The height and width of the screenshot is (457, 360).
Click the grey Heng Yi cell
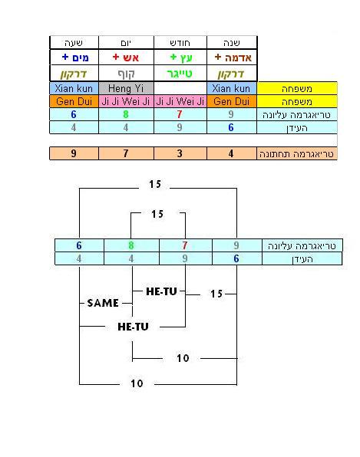coord(126,88)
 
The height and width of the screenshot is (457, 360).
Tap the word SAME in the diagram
coord(103,303)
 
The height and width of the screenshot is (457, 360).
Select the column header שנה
coord(232,43)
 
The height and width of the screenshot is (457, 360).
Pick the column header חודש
coord(180,43)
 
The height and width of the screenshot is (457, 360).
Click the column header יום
coord(126,43)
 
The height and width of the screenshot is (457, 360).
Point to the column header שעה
coord(74,43)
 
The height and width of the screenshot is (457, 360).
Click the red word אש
coord(130,58)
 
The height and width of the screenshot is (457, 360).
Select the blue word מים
coord(79,58)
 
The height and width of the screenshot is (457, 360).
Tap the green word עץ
coord(186,58)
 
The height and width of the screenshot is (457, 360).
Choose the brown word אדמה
coord(238,58)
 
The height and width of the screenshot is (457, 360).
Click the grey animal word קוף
coord(126,74)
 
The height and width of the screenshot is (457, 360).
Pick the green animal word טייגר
coord(180,74)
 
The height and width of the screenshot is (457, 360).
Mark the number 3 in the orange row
coord(180,153)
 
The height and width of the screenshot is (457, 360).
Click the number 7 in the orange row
coord(126,153)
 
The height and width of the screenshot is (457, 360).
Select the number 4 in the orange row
coord(231,153)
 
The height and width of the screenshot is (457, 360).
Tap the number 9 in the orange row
coord(74,153)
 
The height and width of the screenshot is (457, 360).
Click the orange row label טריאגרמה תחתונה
coord(296,154)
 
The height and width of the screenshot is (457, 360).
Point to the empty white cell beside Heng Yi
coord(180,88)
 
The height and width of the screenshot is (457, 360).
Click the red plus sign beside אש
coord(116,57)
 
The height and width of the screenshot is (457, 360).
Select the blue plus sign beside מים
coord(65,57)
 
